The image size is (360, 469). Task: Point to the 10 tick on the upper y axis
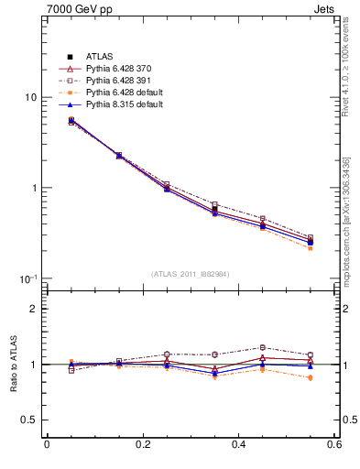(x=30, y=97)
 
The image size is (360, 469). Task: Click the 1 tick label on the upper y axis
(x=33, y=188)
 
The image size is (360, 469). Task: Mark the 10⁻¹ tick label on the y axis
(x=28, y=278)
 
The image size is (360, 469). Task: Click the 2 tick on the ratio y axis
(x=33, y=309)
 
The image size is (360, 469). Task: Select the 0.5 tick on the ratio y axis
(x=28, y=420)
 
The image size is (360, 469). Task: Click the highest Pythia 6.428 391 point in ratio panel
(x=262, y=347)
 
